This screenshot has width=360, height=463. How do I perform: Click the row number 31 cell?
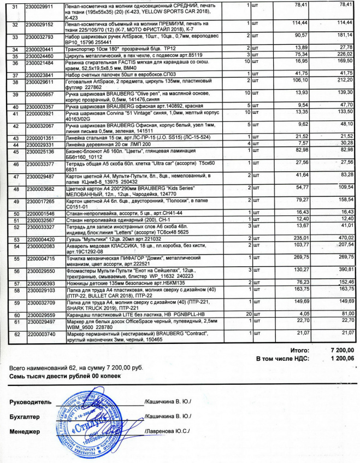point(15,5)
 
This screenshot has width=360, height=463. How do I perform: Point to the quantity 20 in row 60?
point(250,315)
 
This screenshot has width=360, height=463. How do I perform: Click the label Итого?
point(300,349)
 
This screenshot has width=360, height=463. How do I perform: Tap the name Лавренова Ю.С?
point(167,431)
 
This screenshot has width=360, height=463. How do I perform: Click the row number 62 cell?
point(15,333)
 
